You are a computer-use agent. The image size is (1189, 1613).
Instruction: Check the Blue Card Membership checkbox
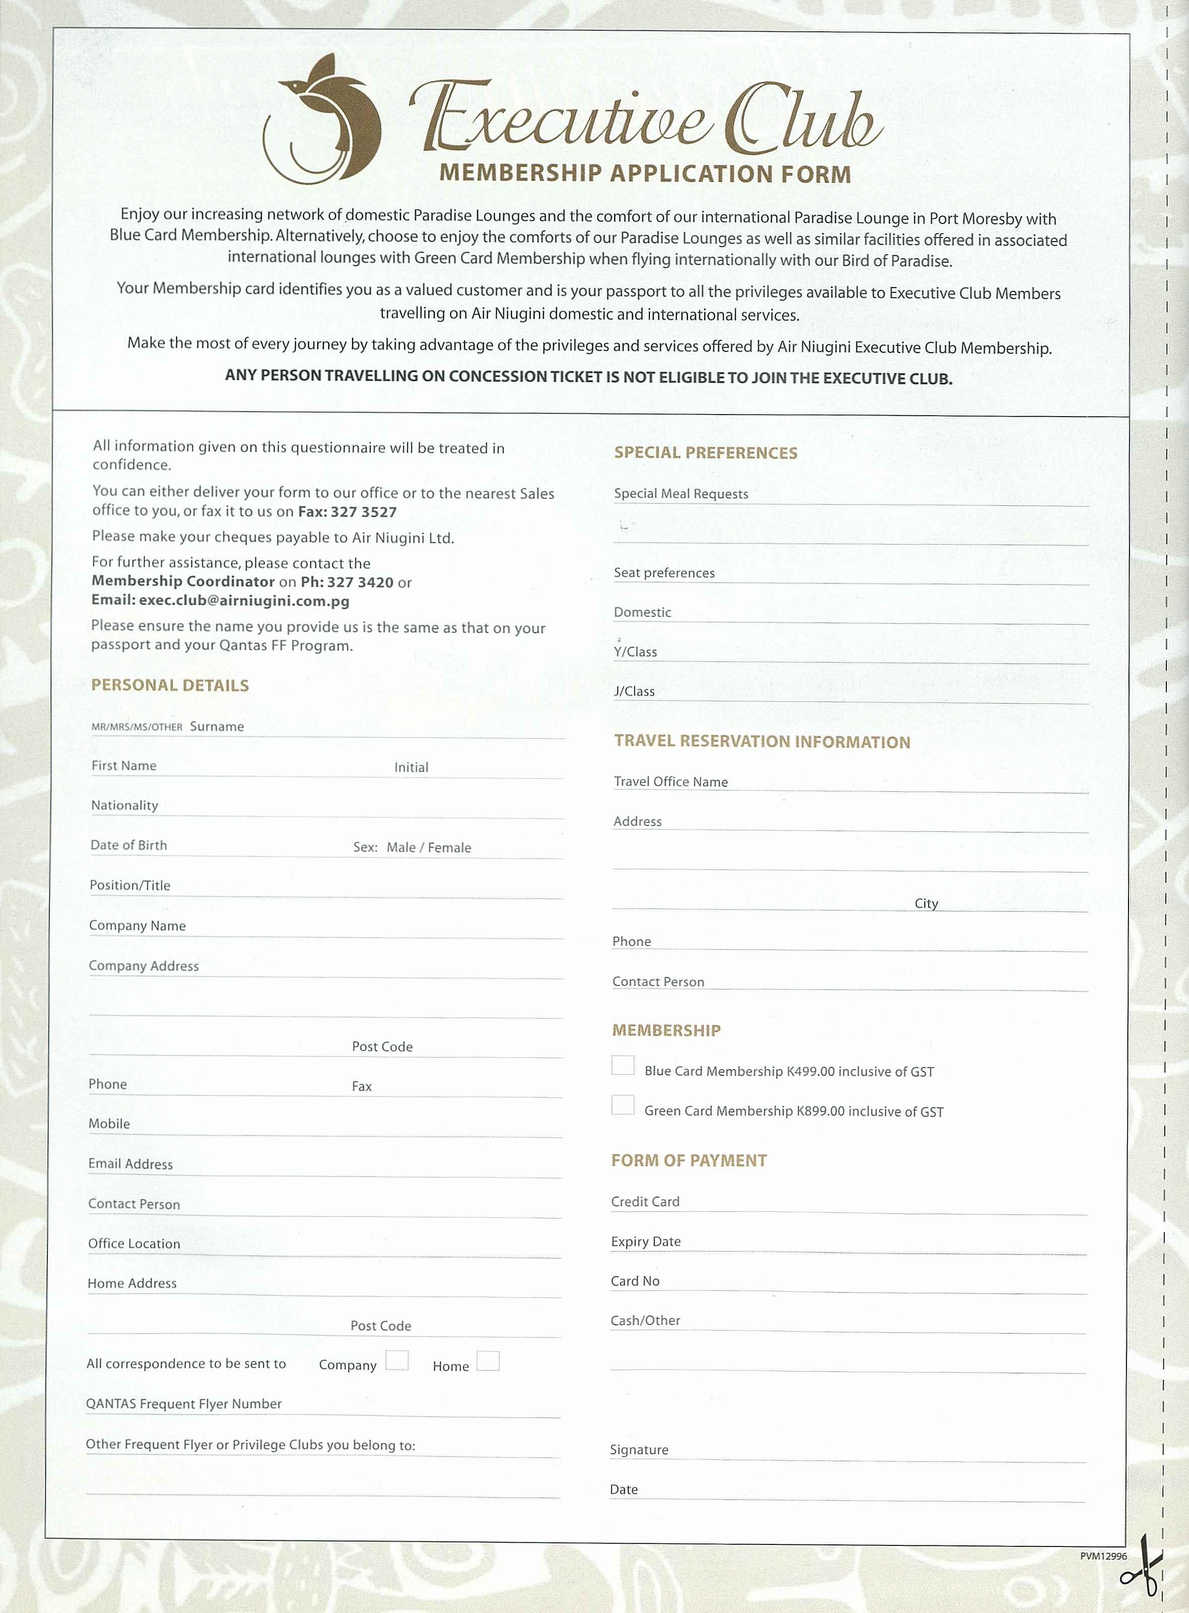[x=623, y=1065]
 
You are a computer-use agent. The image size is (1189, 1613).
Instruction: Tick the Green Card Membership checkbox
[x=623, y=1105]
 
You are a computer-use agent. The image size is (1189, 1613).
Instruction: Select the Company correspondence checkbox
[x=396, y=1360]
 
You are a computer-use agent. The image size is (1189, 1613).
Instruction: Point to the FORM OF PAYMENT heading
[x=689, y=1160]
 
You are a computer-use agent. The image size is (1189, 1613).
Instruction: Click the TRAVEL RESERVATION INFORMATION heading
[x=761, y=741]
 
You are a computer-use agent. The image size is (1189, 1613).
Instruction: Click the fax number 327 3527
[x=364, y=512]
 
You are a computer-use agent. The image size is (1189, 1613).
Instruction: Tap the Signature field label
[x=639, y=1450]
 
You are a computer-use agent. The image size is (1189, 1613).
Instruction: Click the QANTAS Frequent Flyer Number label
[x=184, y=1404]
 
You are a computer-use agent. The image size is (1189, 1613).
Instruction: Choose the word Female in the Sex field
[x=449, y=848]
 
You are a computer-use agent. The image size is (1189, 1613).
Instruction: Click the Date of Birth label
[x=129, y=845]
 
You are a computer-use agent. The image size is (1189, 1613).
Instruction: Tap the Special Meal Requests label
[x=681, y=494]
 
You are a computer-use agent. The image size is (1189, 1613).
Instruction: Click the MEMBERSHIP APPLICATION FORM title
[x=645, y=174]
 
